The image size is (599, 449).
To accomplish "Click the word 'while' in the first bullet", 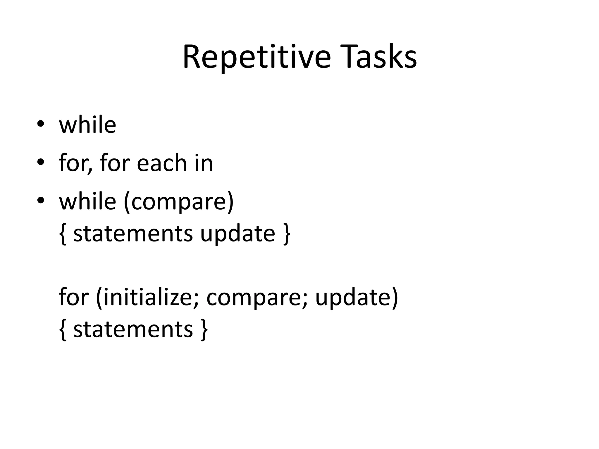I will pos(87,125).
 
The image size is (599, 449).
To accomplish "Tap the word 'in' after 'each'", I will pos(204,163).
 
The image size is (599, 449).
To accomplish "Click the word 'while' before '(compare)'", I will pos(87,201).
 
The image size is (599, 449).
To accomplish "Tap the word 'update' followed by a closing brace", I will pos(237,234).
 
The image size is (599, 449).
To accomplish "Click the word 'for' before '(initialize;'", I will pos(73,297).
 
